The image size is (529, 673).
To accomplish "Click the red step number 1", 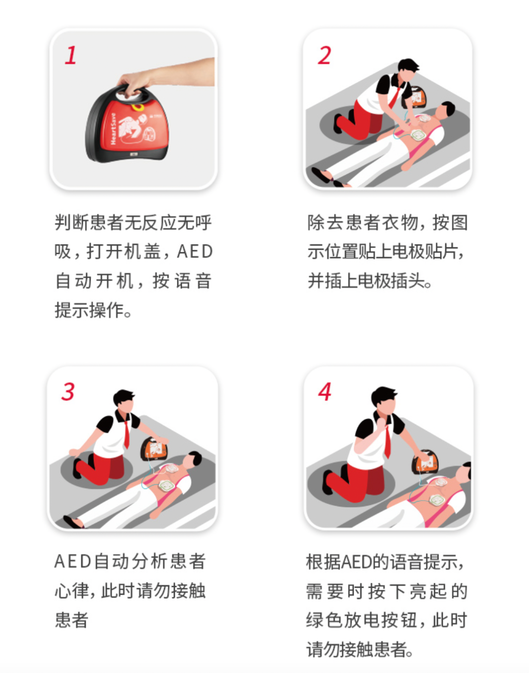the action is (71, 55).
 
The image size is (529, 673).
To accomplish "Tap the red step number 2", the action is (325, 55).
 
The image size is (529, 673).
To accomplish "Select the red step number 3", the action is (68, 391).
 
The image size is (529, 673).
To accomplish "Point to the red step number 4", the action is (325, 391).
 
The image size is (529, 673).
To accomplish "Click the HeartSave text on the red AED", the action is (113, 128).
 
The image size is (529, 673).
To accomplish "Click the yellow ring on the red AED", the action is (138, 107).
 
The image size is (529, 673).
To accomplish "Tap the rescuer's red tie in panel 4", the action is (387, 441).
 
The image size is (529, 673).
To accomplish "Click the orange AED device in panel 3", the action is (154, 449).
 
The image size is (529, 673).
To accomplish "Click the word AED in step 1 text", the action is (194, 251).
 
